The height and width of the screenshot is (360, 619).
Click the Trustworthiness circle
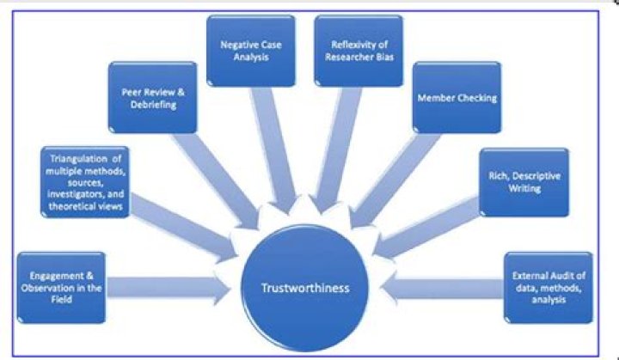coord(306,288)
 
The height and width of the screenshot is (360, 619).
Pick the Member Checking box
coord(456,97)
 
